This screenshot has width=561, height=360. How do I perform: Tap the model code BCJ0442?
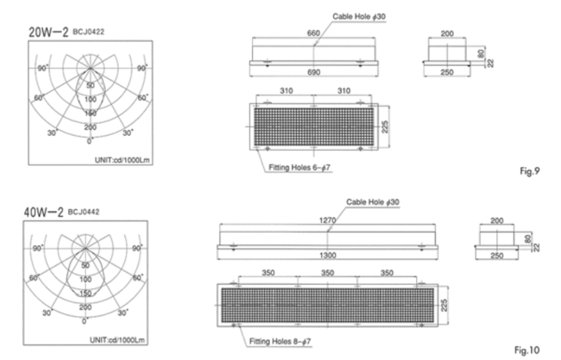pyautogui.click(x=84, y=212)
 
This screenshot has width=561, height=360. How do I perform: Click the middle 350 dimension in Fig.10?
pyautogui.click(x=327, y=272)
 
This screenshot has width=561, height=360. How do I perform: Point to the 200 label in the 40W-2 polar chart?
pyautogui.click(x=85, y=307)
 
